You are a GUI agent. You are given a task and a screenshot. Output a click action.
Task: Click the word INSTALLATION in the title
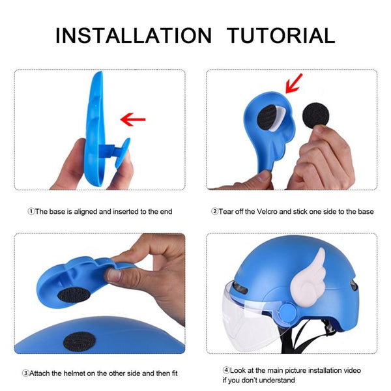[x=134, y=35]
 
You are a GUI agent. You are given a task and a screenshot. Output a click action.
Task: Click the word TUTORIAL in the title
[x=280, y=35]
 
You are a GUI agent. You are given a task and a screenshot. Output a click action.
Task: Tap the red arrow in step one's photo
[x=133, y=119]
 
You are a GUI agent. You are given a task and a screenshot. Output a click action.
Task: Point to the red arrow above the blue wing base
[x=294, y=83]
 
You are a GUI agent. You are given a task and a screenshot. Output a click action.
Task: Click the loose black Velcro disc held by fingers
[x=315, y=115]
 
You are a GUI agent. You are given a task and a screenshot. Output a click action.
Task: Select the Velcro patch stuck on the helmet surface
[x=80, y=341]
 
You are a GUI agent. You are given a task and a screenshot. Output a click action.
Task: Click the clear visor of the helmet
[x=252, y=319]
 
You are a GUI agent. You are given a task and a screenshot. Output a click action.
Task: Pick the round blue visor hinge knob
[x=288, y=311]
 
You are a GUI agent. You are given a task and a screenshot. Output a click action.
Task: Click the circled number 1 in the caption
[x=31, y=212]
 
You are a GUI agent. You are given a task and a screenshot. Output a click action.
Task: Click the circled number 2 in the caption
[x=214, y=212]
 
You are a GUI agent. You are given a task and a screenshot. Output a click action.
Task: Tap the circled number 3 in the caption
[x=25, y=373]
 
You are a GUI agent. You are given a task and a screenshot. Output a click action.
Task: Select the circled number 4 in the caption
[x=226, y=370]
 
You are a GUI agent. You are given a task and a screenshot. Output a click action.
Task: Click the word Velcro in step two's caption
[x=267, y=212]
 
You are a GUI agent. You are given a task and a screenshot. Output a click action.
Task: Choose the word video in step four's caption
[x=352, y=370]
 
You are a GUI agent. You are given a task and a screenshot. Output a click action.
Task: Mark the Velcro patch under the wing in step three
[x=74, y=295]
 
